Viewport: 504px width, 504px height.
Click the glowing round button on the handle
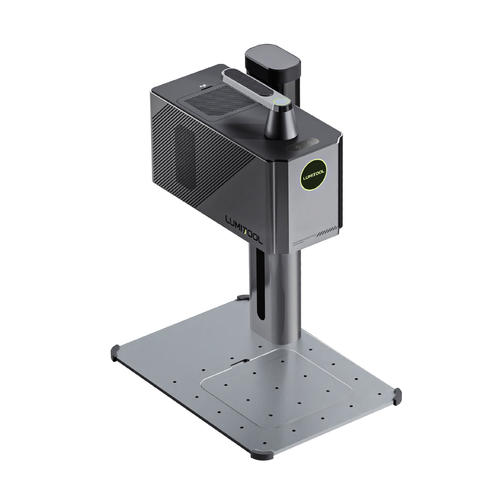[279, 101]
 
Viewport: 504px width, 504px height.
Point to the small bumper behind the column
[240, 298]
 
